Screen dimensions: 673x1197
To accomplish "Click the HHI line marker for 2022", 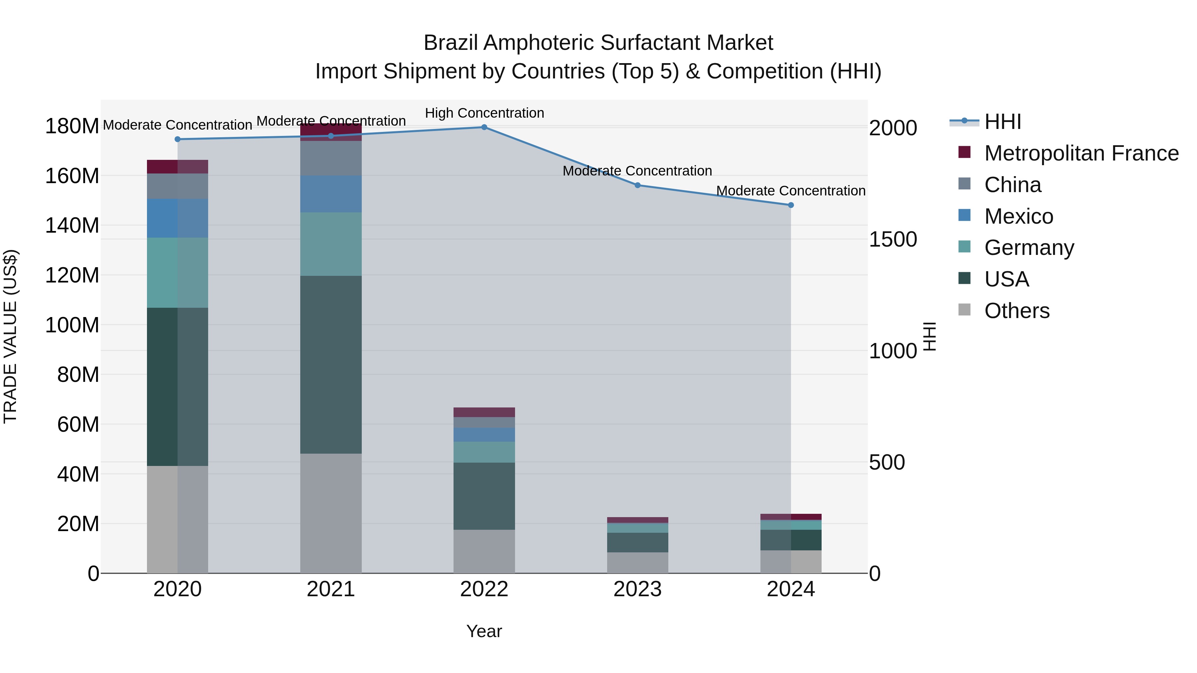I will [x=484, y=127].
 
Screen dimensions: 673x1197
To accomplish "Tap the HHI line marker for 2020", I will [x=178, y=139].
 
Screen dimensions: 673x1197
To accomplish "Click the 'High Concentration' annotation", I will [x=484, y=113].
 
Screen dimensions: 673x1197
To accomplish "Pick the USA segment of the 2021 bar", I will [x=331, y=365].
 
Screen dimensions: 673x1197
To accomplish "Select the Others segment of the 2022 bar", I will [x=484, y=551].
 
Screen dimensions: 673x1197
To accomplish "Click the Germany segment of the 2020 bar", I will [x=178, y=273].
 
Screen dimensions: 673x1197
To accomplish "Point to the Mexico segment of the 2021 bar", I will [x=331, y=194].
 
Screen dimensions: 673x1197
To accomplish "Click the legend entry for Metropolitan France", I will [x=1081, y=153].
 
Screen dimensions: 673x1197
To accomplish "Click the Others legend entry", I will [x=1017, y=311].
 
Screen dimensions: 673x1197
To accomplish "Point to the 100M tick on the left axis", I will [x=72, y=325].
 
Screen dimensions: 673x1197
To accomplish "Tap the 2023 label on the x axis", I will [x=637, y=589].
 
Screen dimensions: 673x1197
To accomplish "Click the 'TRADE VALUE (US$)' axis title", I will [x=11, y=336].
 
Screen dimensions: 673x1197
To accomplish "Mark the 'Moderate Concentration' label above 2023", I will [x=637, y=171].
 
